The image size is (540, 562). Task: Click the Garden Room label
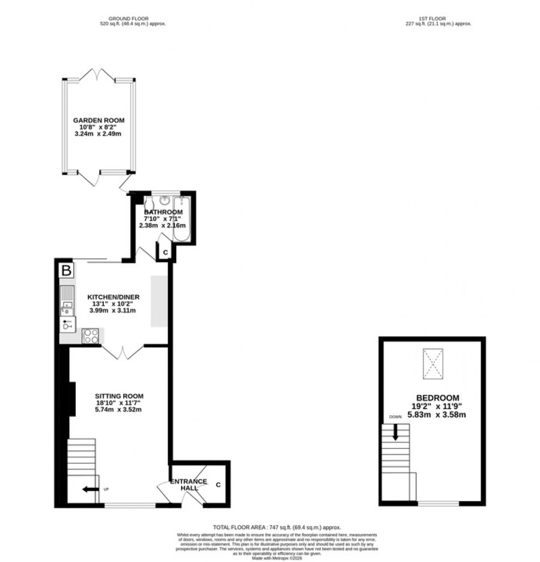(x=99, y=121)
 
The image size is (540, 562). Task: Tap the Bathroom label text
(x=164, y=212)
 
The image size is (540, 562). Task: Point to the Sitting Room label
(x=119, y=396)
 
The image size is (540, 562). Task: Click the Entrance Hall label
(x=188, y=485)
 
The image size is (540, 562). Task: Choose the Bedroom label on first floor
(x=437, y=398)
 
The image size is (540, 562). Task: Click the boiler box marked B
(x=66, y=271)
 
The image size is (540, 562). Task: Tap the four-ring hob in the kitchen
(x=91, y=336)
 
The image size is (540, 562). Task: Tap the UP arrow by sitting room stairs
(x=91, y=489)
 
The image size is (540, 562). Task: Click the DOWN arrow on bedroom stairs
(x=395, y=431)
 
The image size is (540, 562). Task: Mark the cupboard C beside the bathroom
(x=165, y=253)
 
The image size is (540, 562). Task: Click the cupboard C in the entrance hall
(x=218, y=484)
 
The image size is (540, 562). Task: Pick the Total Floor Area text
(x=277, y=528)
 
